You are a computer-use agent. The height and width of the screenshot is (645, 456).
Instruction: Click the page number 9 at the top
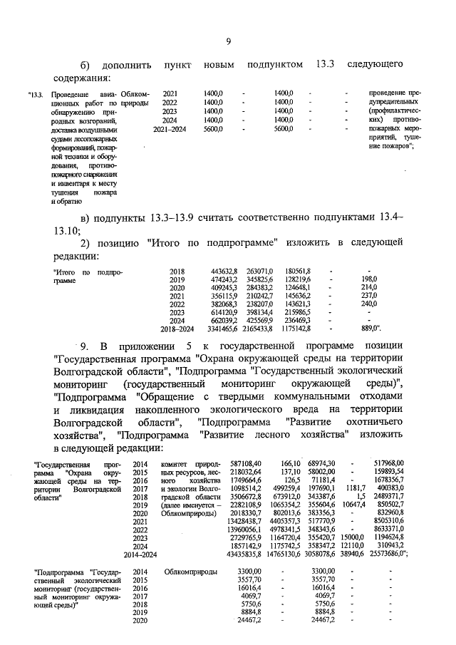[x=228, y=41]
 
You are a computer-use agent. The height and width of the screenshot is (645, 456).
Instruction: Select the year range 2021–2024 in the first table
[x=171, y=130]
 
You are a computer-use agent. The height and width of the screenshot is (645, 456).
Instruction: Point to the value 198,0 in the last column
[x=369, y=279]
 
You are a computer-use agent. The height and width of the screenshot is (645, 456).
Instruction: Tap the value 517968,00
[x=389, y=464]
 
